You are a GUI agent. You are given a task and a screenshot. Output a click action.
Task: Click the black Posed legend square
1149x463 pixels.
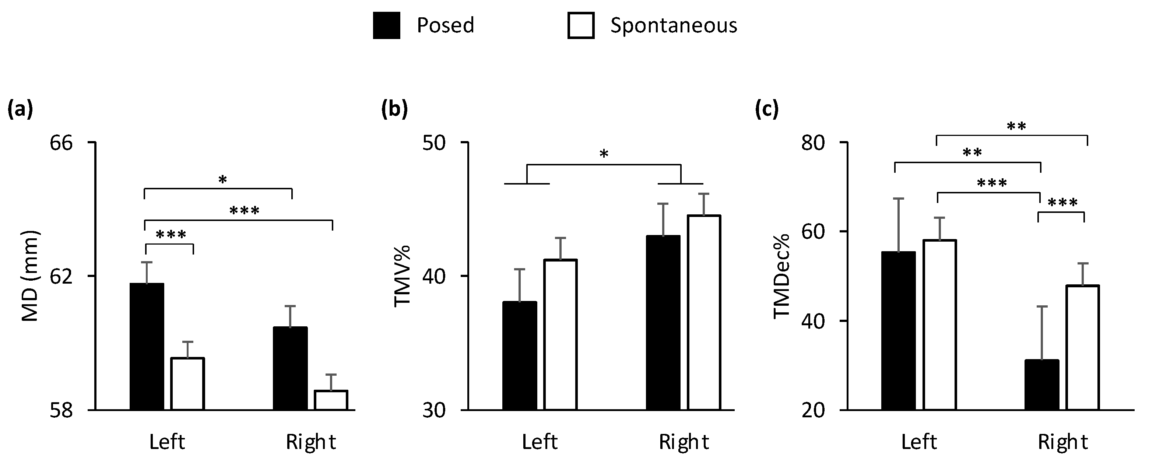point(386,25)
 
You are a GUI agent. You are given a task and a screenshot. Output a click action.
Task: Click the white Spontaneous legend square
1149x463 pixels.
point(581,25)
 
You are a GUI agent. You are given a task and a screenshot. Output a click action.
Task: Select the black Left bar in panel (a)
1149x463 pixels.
point(147,347)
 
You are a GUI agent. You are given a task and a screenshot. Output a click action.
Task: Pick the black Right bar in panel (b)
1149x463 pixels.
point(663,323)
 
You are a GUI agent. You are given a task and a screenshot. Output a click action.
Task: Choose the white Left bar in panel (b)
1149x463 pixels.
point(560,334)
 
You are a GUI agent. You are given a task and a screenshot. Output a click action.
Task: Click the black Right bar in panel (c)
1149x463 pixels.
point(1041,385)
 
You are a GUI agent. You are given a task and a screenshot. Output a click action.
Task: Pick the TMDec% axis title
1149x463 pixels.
point(782,276)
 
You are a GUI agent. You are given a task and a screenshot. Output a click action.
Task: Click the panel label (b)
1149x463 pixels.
point(394,110)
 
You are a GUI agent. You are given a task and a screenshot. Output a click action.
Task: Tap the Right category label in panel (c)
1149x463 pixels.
point(1062,442)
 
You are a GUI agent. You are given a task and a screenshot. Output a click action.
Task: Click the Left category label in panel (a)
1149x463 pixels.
point(167,442)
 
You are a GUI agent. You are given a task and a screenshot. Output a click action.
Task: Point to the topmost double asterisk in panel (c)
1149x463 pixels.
point(1016,127)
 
